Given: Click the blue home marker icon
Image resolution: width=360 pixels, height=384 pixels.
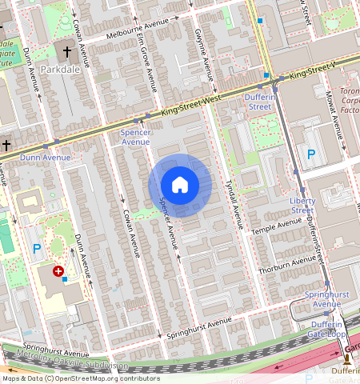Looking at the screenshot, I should pos(180,186).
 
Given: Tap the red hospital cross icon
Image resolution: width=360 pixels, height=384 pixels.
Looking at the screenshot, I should pos(58,272).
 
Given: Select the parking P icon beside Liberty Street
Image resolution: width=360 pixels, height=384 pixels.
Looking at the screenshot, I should pos(311,154).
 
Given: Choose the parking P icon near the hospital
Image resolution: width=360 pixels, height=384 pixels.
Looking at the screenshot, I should pos(36,250).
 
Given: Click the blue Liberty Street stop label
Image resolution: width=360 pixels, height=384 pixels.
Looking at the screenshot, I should pos(302,205).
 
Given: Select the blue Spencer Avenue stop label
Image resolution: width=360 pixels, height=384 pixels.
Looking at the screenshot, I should pos(135,136).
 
